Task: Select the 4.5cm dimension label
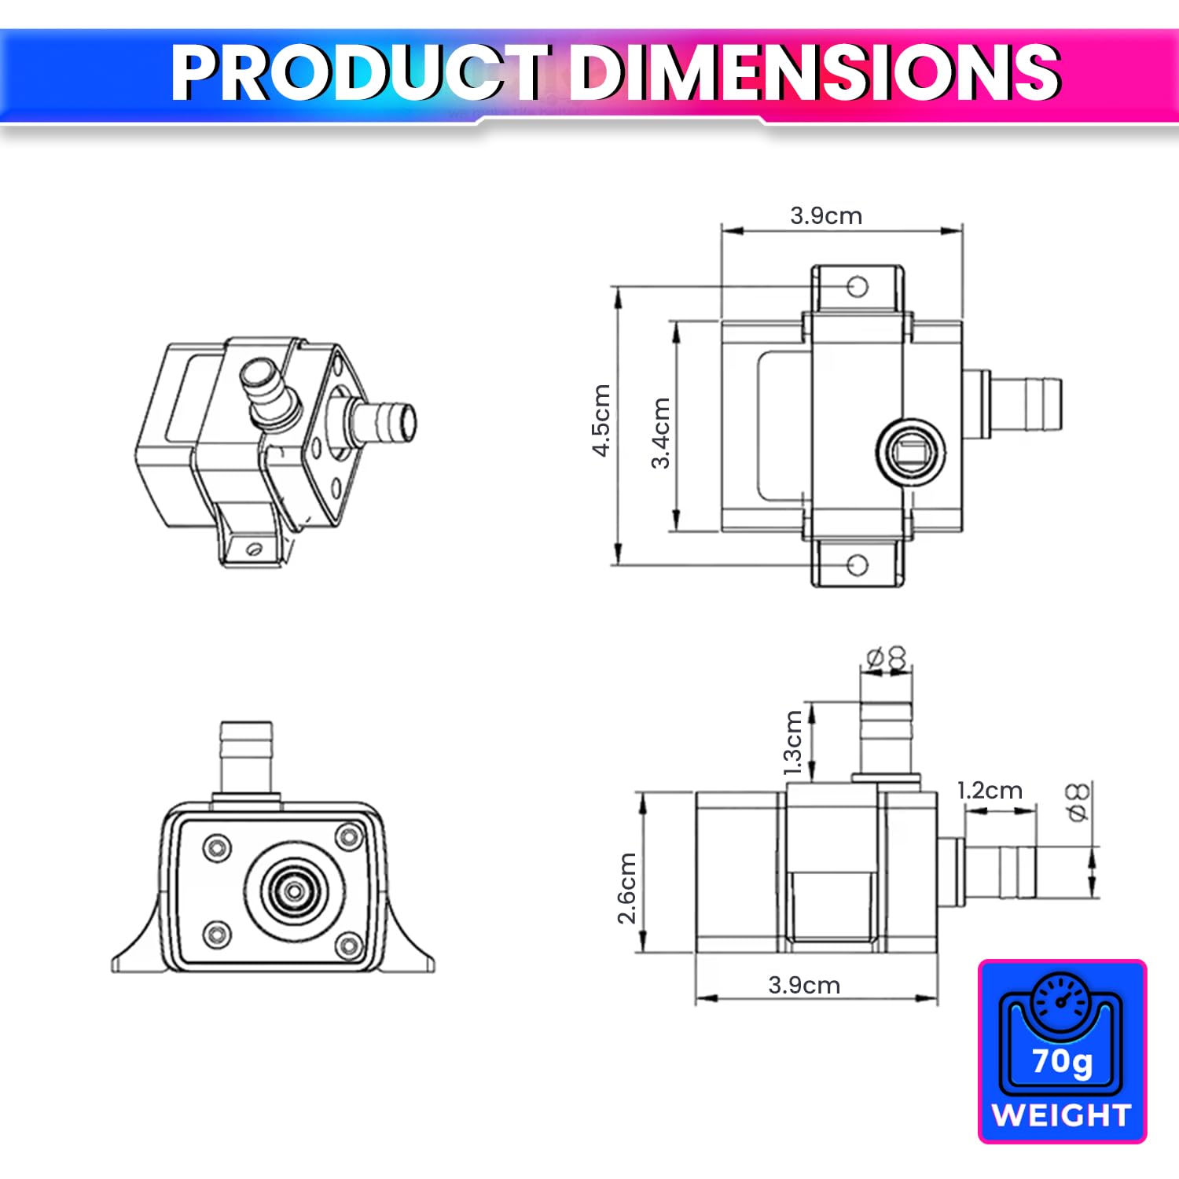601,420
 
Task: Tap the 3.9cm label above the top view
826,215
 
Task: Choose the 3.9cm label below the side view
804,985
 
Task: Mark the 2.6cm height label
626,888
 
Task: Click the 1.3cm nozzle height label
793,743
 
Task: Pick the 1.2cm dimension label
990,790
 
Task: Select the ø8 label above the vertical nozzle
886,658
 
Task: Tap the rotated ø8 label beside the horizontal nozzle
1078,802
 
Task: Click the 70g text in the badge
1062,1061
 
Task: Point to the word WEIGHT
1061,1115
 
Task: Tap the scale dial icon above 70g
1061,1000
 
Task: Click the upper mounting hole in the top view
858,286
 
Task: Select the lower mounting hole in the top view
858,564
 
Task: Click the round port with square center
911,452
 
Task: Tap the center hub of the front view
294,891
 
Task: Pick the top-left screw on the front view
217,847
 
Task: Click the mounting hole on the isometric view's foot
253,549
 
